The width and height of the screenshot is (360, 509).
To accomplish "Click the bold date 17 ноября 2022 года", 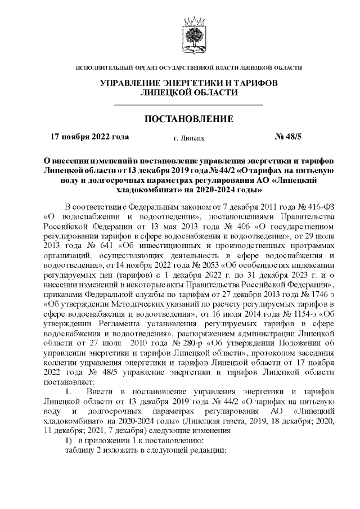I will pyautogui.click(x=90, y=136).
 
